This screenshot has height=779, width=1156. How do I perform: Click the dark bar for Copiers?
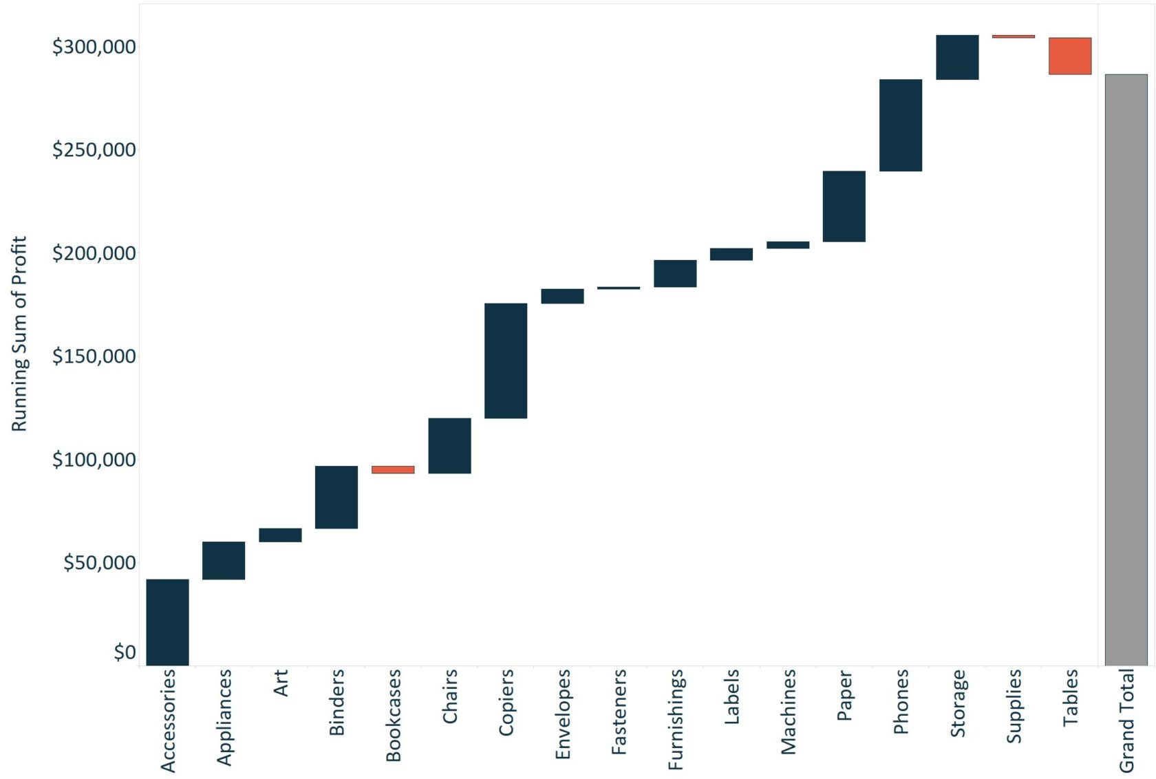[x=506, y=361]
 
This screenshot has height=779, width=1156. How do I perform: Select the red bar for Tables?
[x=1070, y=56]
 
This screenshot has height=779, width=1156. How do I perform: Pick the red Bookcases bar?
[x=393, y=470]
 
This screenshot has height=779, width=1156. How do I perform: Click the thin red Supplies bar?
[x=1014, y=36]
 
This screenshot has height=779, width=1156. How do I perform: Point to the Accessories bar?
[x=167, y=622]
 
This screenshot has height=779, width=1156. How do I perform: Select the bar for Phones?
[x=901, y=125]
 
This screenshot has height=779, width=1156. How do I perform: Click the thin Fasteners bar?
[x=619, y=288]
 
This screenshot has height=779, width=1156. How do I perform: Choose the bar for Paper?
[x=844, y=206]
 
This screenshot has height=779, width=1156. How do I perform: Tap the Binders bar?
[x=336, y=497]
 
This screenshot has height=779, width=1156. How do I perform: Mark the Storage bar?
[x=957, y=57]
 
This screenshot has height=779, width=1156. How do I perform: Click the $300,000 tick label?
[x=94, y=47]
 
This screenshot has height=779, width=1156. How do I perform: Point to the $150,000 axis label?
[x=94, y=356]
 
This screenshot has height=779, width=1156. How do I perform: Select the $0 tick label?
[x=125, y=652]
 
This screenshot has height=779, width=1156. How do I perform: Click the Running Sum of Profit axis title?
[x=19, y=334]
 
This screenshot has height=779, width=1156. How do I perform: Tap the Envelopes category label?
[x=563, y=714]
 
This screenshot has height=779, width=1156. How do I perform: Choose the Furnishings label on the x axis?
[x=676, y=718]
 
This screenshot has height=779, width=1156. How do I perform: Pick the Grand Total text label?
[x=1126, y=721]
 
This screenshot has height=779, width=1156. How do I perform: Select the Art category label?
[x=280, y=683]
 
